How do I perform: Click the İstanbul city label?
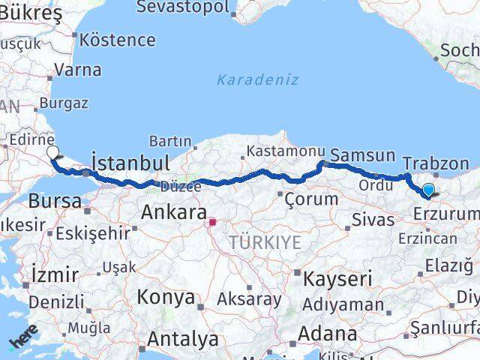click(x=130, y=163)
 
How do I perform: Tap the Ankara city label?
click(x=173, y=213)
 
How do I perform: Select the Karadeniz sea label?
click(x=257, y=79)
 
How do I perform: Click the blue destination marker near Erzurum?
click(x=428, y=190)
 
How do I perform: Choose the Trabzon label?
click(x=435, y=163)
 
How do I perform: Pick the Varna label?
click(x=77, y=70)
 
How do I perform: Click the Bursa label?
click(x=55, y=200)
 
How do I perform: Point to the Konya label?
click(x=165, y=297)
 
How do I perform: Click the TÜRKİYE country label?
click(x=265, y=242)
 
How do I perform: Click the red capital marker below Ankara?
click(x=212, y=222)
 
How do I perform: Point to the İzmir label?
click(x=53, y=274)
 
